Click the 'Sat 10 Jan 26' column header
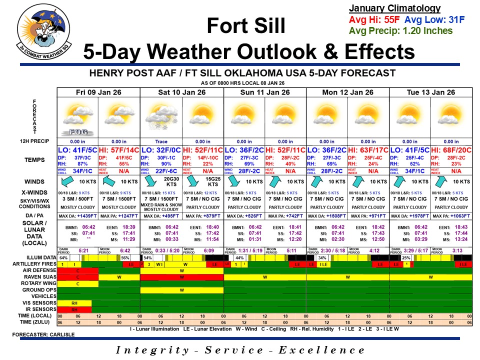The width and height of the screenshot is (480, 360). [x=181, y=92]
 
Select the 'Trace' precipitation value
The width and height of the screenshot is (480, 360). [x=161, y=141]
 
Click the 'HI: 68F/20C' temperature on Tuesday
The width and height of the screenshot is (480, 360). [x=451, y=150]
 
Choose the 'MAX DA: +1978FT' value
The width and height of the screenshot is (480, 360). [x=409, y=216]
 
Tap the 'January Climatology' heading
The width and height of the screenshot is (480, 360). [x=394, y=8]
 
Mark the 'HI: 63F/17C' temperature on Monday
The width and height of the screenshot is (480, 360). [x=368, y=150]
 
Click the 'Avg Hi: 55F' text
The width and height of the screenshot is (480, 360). [x=367, y=20]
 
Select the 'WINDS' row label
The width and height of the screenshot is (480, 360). [x=38, y=181]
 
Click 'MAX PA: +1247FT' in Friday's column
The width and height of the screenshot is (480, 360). [x=119, y=216]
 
